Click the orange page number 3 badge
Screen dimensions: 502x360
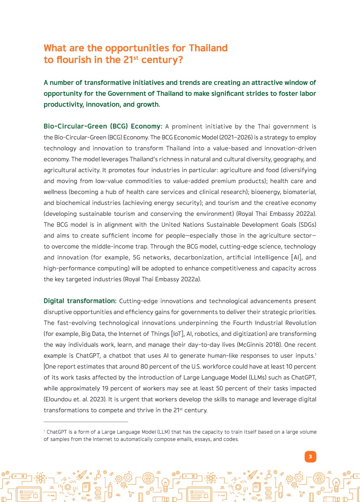click(x=310, y=457)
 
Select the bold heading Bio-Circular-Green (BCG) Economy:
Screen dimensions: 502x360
click(x=103, y=127)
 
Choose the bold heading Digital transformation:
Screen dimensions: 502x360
click(x=80, y=301)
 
